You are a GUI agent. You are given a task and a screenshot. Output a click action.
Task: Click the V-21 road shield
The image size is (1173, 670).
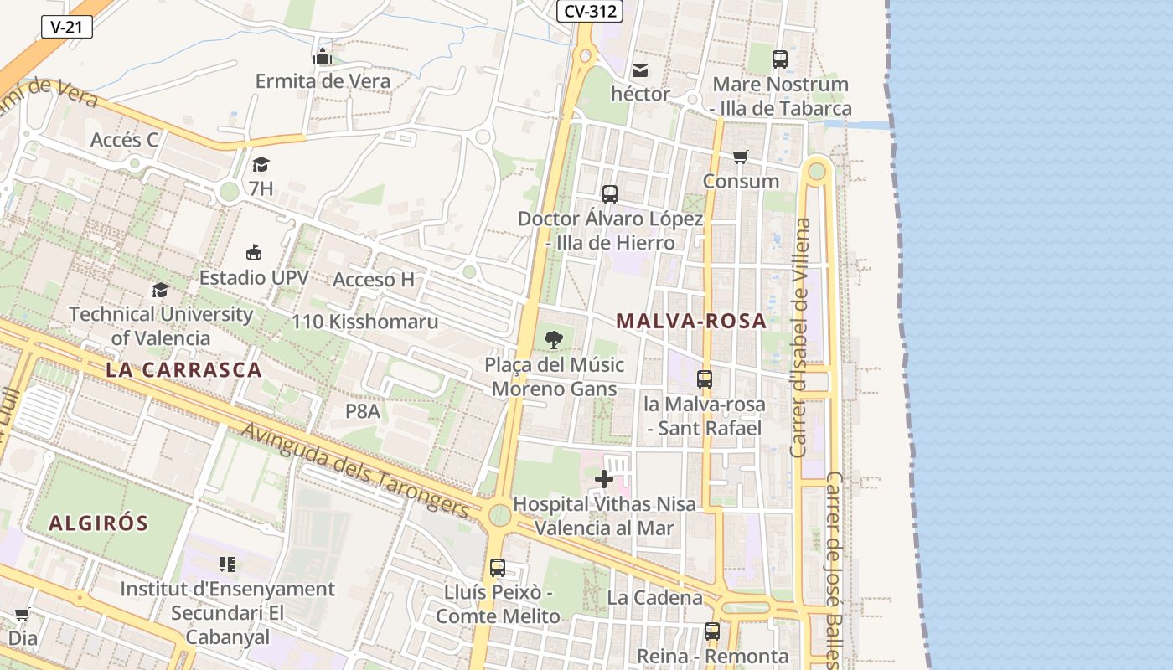(x=66, y=27)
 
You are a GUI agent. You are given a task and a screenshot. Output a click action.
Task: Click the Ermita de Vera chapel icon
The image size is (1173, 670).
(x=323, y=57)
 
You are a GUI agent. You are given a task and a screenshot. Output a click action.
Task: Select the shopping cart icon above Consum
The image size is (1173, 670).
(x=740, y=157)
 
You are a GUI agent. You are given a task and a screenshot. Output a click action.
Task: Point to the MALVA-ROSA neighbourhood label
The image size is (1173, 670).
(x=691, y=321)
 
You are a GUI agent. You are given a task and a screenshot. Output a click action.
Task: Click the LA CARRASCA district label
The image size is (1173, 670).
(x=184, y=369)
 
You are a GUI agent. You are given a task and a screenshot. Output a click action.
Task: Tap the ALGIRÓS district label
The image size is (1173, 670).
(x=99, y=523)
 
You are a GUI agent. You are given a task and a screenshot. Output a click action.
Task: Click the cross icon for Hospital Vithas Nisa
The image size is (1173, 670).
(x=603, y=479)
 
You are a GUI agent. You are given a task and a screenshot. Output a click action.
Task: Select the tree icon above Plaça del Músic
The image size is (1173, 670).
(x=553, y=340)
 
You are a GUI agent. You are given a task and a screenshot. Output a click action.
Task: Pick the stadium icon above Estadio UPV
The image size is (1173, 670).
(x=254, y=252)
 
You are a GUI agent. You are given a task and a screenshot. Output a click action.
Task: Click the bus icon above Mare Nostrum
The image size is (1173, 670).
(x=780, y=59)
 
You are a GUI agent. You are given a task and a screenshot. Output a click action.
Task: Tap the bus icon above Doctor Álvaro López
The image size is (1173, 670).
(x=610, y=194)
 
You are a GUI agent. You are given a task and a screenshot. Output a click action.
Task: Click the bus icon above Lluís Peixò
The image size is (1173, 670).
(x=498, y=568)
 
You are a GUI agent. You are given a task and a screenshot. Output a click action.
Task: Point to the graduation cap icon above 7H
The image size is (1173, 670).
(x=261, y=164)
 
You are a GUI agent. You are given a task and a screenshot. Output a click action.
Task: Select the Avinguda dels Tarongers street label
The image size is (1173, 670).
(x=355, y=469)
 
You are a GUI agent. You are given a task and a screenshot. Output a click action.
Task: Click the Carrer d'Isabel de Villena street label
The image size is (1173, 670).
(x=801, y=338)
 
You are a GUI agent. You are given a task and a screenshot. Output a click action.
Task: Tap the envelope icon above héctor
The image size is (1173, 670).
(x=640, y=70)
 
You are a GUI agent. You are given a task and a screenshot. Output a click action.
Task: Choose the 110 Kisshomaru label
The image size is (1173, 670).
(x=364, y=322)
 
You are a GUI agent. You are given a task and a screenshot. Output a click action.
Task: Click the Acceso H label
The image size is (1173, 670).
(x=374, y=280)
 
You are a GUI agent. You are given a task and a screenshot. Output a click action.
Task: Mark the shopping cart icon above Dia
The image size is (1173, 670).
(x=23, y=615)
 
